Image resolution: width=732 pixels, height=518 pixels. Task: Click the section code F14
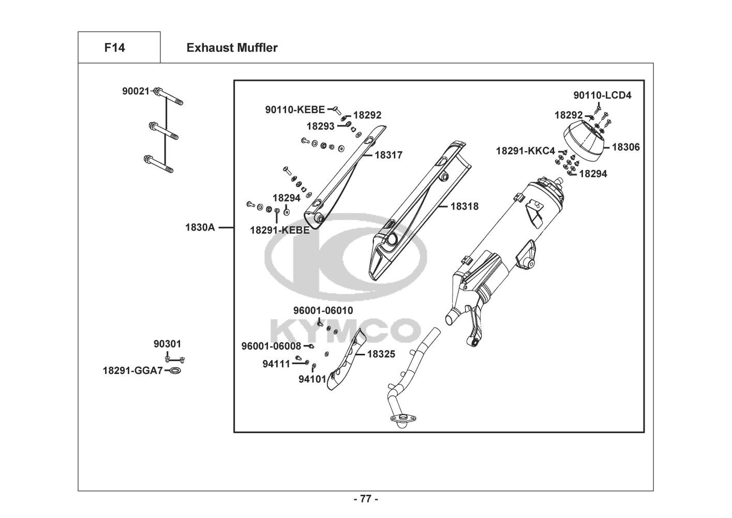click(x=114, y=48)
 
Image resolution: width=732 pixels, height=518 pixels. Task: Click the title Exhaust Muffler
click(x=232, y=48)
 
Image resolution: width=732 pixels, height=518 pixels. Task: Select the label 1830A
click(x=200, y=227)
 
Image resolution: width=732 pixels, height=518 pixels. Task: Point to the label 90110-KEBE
click(x=295, y=109)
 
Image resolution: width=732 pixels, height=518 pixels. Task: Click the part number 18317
click(x=389, y=155)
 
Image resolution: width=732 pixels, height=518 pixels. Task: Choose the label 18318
click(x=464, y=206)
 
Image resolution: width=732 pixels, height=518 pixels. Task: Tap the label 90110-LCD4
click(x=602, y=95)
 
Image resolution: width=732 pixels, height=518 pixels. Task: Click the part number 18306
click(x=625, y=147)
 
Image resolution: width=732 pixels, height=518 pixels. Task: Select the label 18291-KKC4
click(x=525, y=151)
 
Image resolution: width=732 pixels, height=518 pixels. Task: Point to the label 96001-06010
click(x=323, y=311)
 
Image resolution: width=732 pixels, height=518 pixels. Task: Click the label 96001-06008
click(x=271, y=346)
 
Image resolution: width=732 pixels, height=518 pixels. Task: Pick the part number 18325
click(x=381, y=354)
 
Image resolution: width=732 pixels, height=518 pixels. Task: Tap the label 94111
click(x=276, y=364)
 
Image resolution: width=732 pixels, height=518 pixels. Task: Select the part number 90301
click(x=168, y=344)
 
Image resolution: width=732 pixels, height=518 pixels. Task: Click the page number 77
click(x=366, y=499)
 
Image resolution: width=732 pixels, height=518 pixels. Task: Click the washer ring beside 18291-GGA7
click(x=175, y=371)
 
